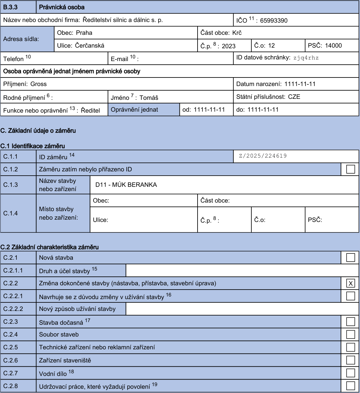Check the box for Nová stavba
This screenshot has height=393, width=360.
[x=350, y=257]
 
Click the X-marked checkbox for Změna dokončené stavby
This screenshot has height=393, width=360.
[x=350, y=283]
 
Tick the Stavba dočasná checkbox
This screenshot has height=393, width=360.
[x=350, y=321]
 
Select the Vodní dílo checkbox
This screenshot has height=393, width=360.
[x=350, y=373]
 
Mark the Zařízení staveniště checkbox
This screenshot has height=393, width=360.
[x=350, y=360]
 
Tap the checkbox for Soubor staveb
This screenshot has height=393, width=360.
[x=350, y=334]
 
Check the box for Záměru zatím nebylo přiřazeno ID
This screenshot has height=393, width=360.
[x=350, y=169]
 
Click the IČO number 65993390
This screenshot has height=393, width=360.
[x=274, y=20]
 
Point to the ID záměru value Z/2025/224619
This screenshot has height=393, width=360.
[x=263, y=156]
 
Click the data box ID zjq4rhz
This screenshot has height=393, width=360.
[x=306, y=58]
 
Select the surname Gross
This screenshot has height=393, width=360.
[x=38, y=84]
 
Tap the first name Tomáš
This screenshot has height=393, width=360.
[x=149, y=98]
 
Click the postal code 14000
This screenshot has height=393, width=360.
[x=333, y=46]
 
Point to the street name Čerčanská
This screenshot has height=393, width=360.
[x=90, y=46]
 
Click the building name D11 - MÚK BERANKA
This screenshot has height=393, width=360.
[x=126, y=185]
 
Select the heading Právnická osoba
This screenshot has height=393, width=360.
[x=62, y=7]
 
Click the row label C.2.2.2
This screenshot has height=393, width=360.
[x=13, y=309]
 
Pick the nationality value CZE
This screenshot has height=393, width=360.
[x=294, y=97]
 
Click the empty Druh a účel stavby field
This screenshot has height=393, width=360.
[x=242, y=271]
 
